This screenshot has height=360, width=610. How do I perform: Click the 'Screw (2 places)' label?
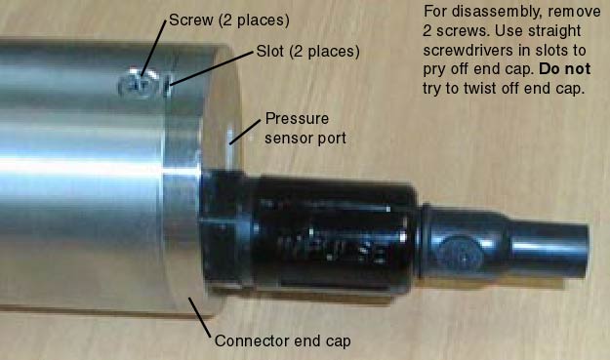[229, 20]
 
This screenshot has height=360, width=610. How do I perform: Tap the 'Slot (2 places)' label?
[307, 52]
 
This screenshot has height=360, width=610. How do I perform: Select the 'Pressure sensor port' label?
[305, 129]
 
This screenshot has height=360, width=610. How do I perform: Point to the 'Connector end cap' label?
[282, 340]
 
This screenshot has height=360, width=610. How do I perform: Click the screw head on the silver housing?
[140, 84]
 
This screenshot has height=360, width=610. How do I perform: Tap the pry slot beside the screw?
[168, 86]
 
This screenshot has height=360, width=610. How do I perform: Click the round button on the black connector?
[461, 255]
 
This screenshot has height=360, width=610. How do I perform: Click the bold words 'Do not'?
[565, 69]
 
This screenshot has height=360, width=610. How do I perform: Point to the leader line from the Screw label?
[154, 48]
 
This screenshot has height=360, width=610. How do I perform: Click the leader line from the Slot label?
[212, 68]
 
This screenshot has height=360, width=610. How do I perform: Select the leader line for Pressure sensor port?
[245, 132]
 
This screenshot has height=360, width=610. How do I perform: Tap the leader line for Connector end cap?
[200, 318]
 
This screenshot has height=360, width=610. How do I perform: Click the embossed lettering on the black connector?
[333, 249]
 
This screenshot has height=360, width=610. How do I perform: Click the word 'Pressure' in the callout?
[297, 119]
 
